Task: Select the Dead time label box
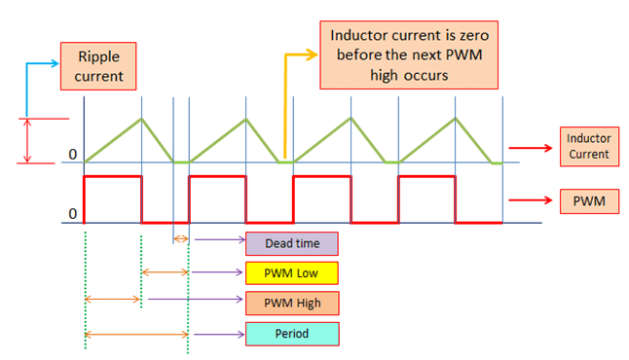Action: (291, 242)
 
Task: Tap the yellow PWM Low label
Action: (291, 272)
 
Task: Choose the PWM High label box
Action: (291, 303)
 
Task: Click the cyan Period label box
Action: (291, 334)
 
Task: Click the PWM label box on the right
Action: (587, 202)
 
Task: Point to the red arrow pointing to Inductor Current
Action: (532, 148)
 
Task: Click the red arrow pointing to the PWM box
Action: (532, 203)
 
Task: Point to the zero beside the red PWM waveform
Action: (71, 213)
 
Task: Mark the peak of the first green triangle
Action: (142, 119)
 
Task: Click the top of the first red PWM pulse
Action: (113, 177)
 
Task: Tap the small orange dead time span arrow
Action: (180, 238)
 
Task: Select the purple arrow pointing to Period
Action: (216, 334)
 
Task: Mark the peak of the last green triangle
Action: (456, 119)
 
